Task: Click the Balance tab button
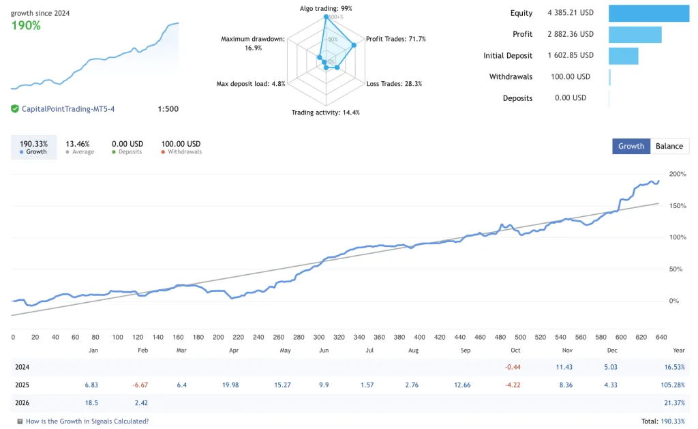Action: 669,146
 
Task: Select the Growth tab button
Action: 631,146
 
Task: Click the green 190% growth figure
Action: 26,25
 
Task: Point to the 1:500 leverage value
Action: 168,109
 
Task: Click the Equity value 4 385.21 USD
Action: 571,13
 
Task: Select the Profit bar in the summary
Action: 635,34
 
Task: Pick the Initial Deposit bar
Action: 623,55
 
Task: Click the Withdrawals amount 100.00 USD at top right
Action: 571,76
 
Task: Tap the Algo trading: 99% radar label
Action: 326,8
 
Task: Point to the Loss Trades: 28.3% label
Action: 394,84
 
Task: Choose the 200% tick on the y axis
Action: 678,175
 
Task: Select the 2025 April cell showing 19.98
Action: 230,385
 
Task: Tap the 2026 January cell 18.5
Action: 91,402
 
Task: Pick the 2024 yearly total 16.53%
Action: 673,367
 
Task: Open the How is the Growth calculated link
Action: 87,421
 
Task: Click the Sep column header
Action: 465,350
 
